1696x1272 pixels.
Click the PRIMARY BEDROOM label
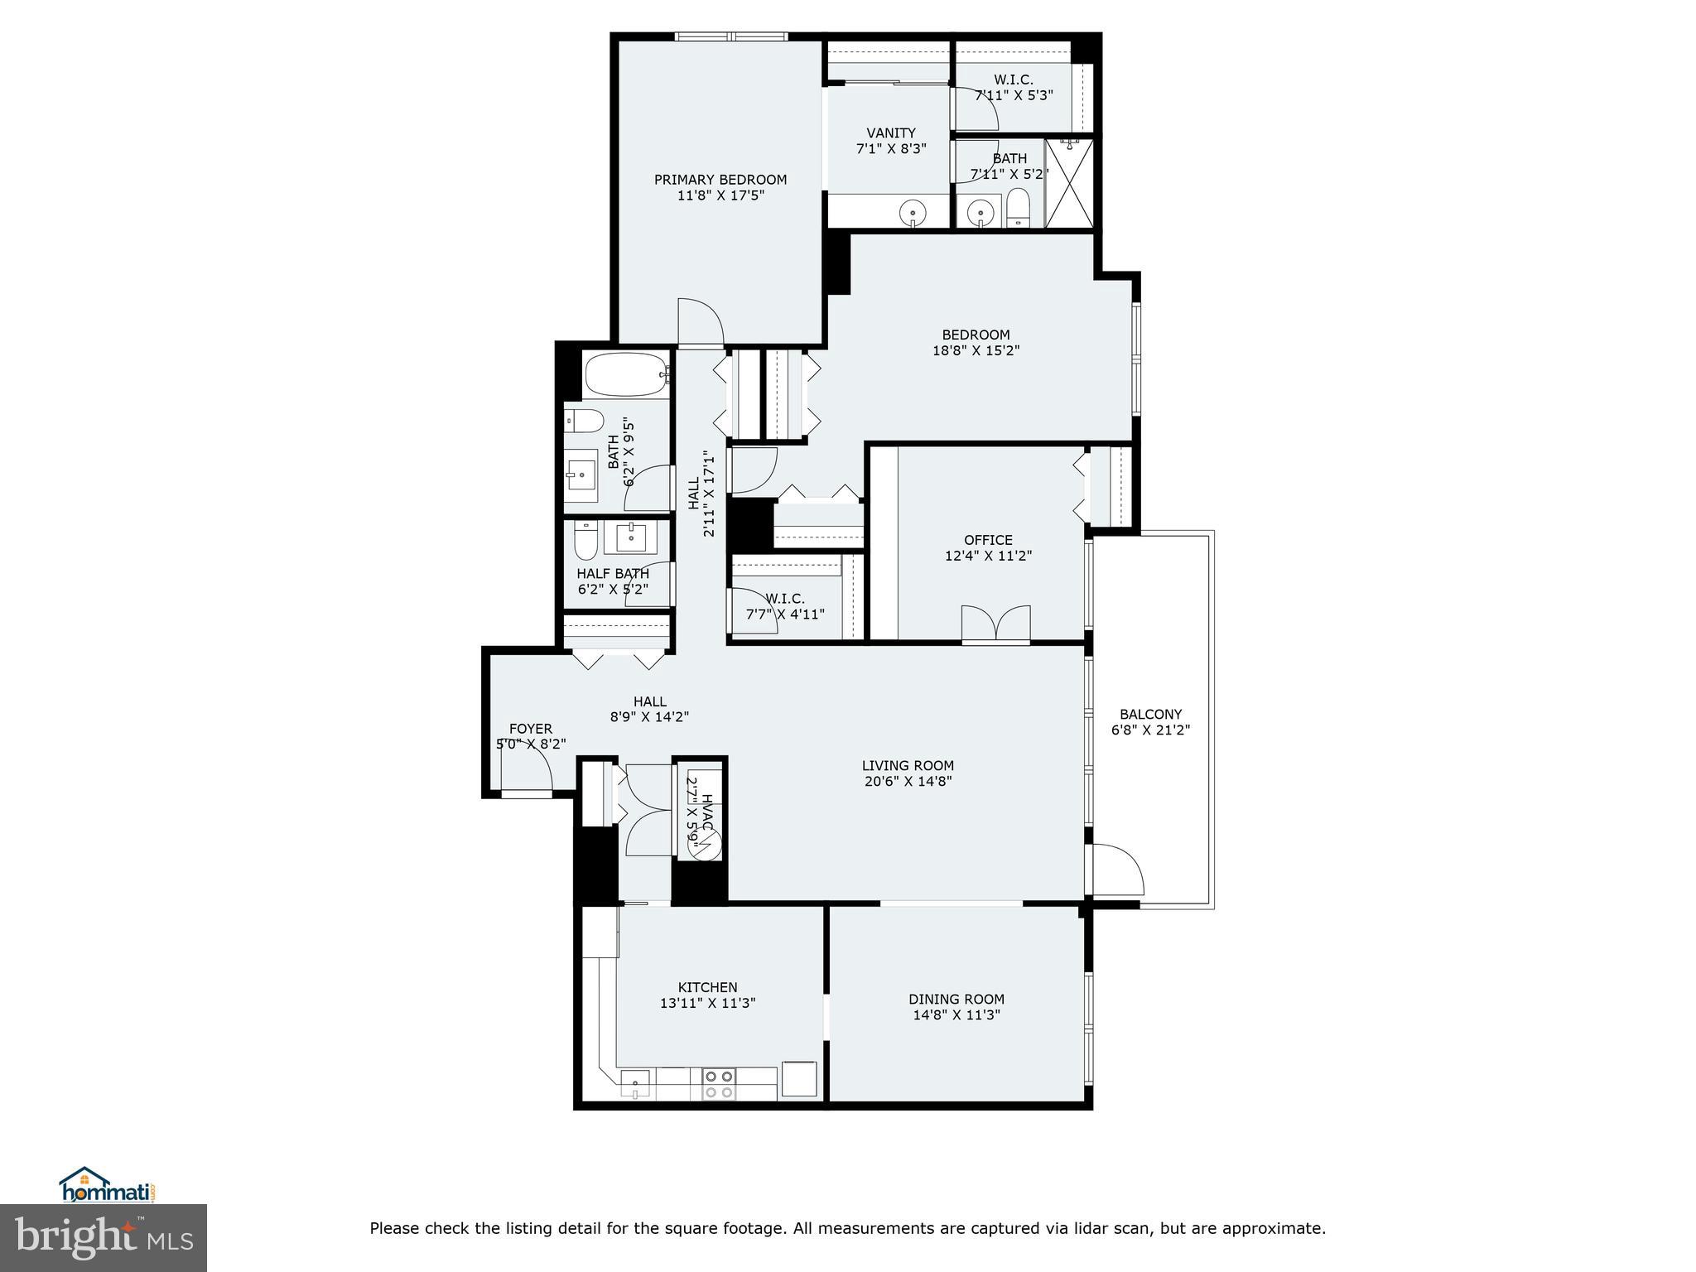click(x=720, y=180)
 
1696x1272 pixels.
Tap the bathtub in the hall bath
click(x=626, y=375)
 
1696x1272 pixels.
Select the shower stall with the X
click(x=1069, y=183)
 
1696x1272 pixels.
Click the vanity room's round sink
click(x=913, y=213)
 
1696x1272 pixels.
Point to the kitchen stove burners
click(x=718, y=1084)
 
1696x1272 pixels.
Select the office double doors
click(x=996, y=624)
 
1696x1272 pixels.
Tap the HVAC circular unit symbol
click(x=705, y=846)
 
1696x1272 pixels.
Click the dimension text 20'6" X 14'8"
click(x=908, y=781)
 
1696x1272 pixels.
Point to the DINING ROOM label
click(x=956, y=999)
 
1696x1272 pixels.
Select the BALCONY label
click(x=1150, y=714)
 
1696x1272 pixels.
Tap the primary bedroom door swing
click(x=699, y=322)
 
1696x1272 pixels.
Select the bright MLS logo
click(x=103, y=1238)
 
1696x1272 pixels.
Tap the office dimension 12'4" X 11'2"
click(x=988, y=556)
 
